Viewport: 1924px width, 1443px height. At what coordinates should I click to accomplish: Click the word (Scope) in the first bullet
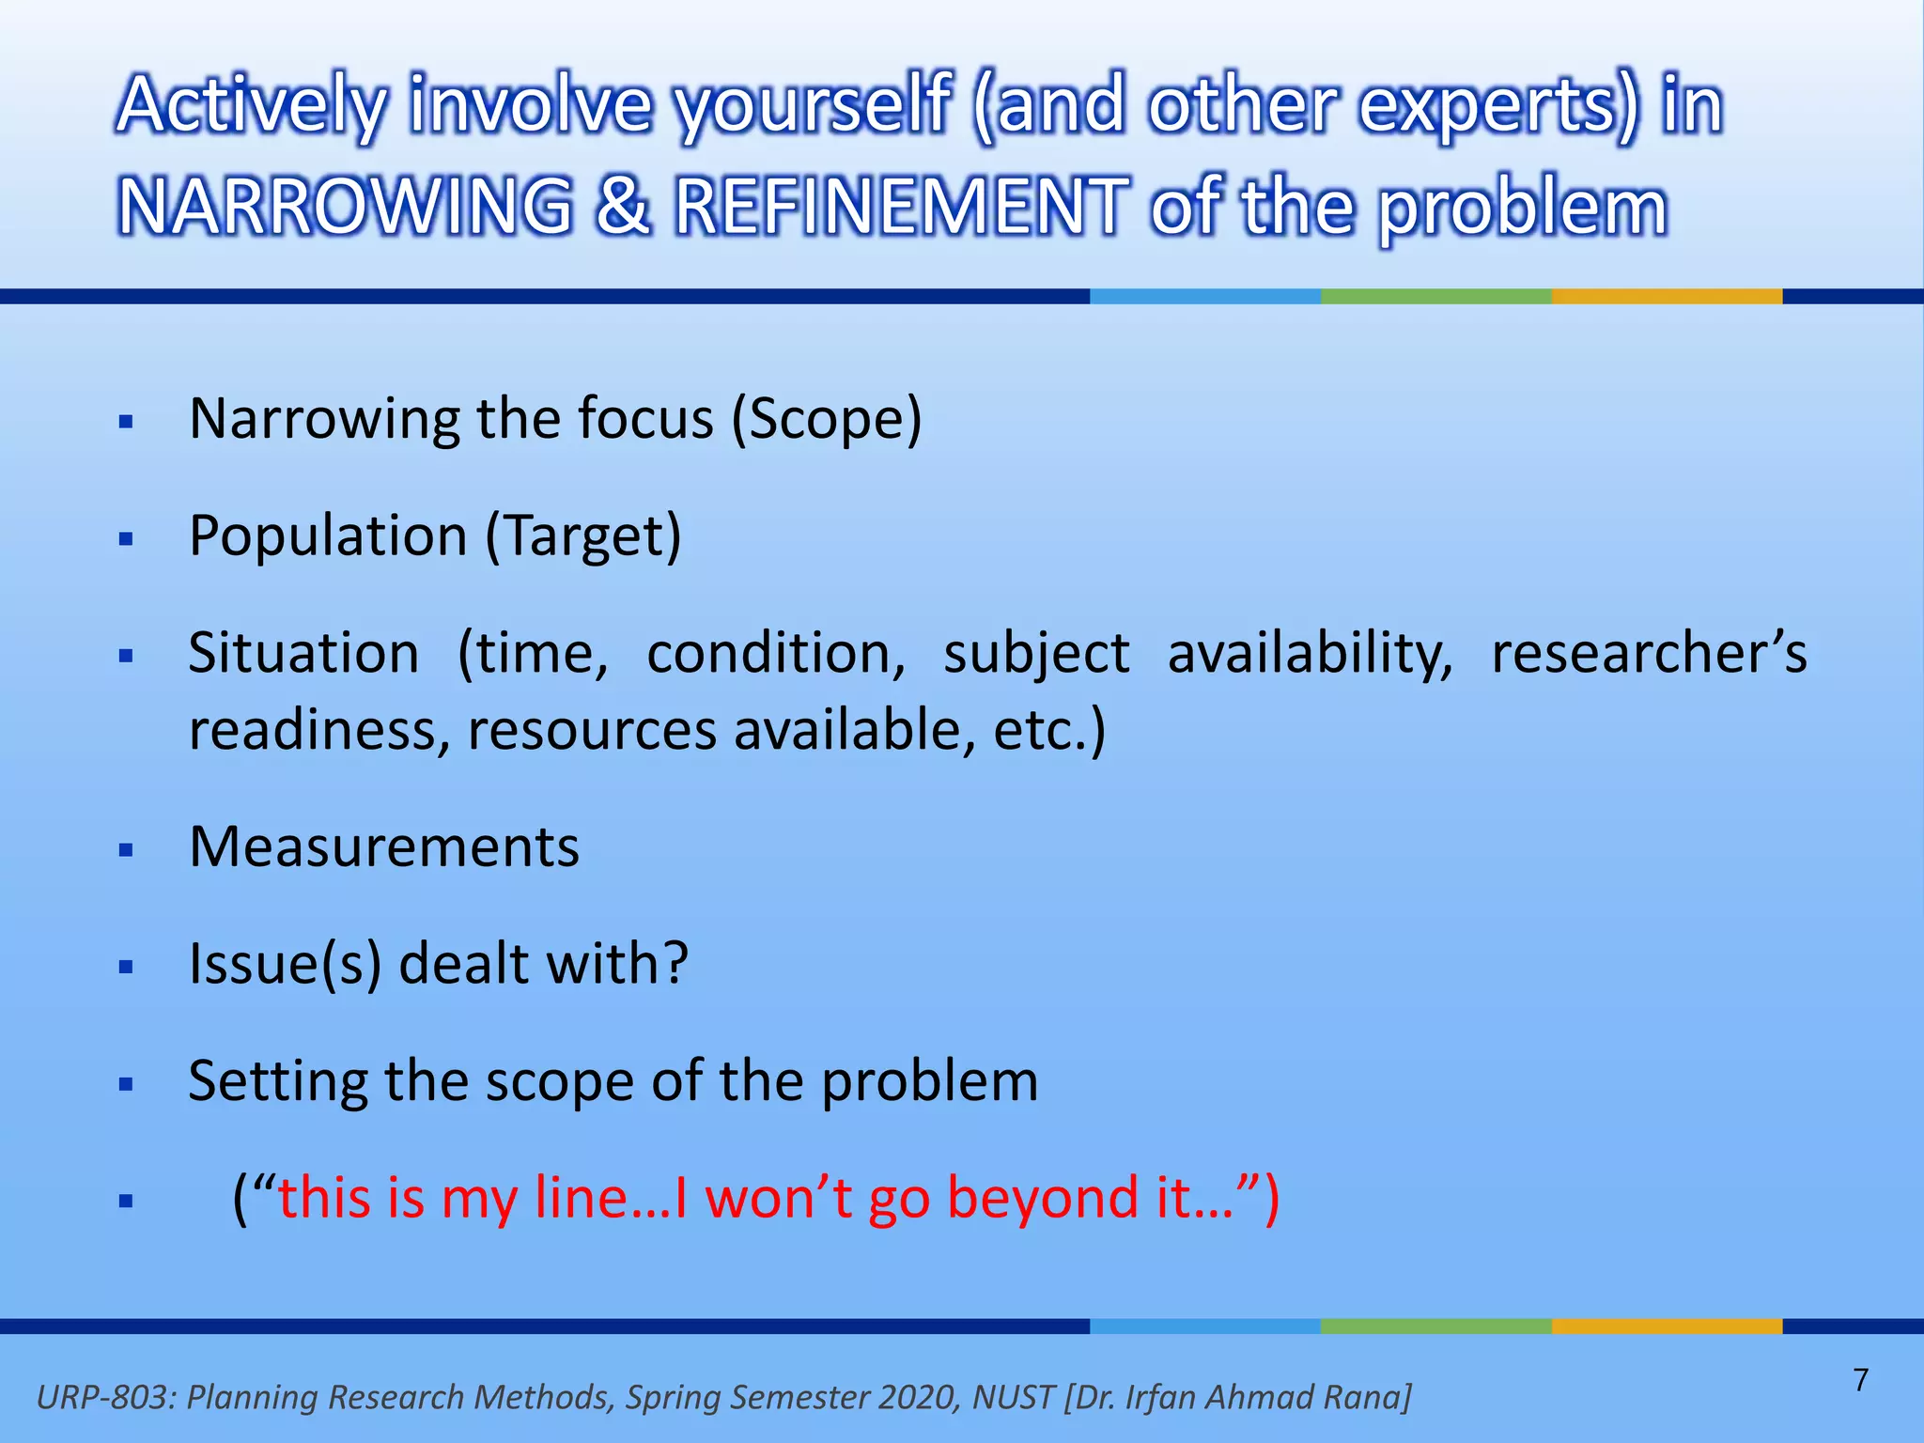tap(827, 419)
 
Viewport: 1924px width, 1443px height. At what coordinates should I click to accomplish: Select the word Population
tap(328, 536)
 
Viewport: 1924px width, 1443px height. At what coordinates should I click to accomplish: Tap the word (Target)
tap(583, 536)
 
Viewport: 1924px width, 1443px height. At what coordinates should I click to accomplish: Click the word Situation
tap(303, 653)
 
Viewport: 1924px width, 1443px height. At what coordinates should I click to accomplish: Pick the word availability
tap(1310, 653)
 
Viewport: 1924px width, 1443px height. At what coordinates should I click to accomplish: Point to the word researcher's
tap(1649, 653)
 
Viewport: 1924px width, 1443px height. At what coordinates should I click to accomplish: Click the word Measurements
tap(384, 847)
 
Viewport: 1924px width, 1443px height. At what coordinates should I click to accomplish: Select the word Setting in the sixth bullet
tap(277, 1081)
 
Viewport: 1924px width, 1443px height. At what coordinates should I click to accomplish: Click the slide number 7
tap(1860, 1380)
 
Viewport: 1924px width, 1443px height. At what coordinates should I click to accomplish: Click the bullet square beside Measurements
tap(127, 851)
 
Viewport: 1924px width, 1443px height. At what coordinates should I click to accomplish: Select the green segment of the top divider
tap(1435, 296)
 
